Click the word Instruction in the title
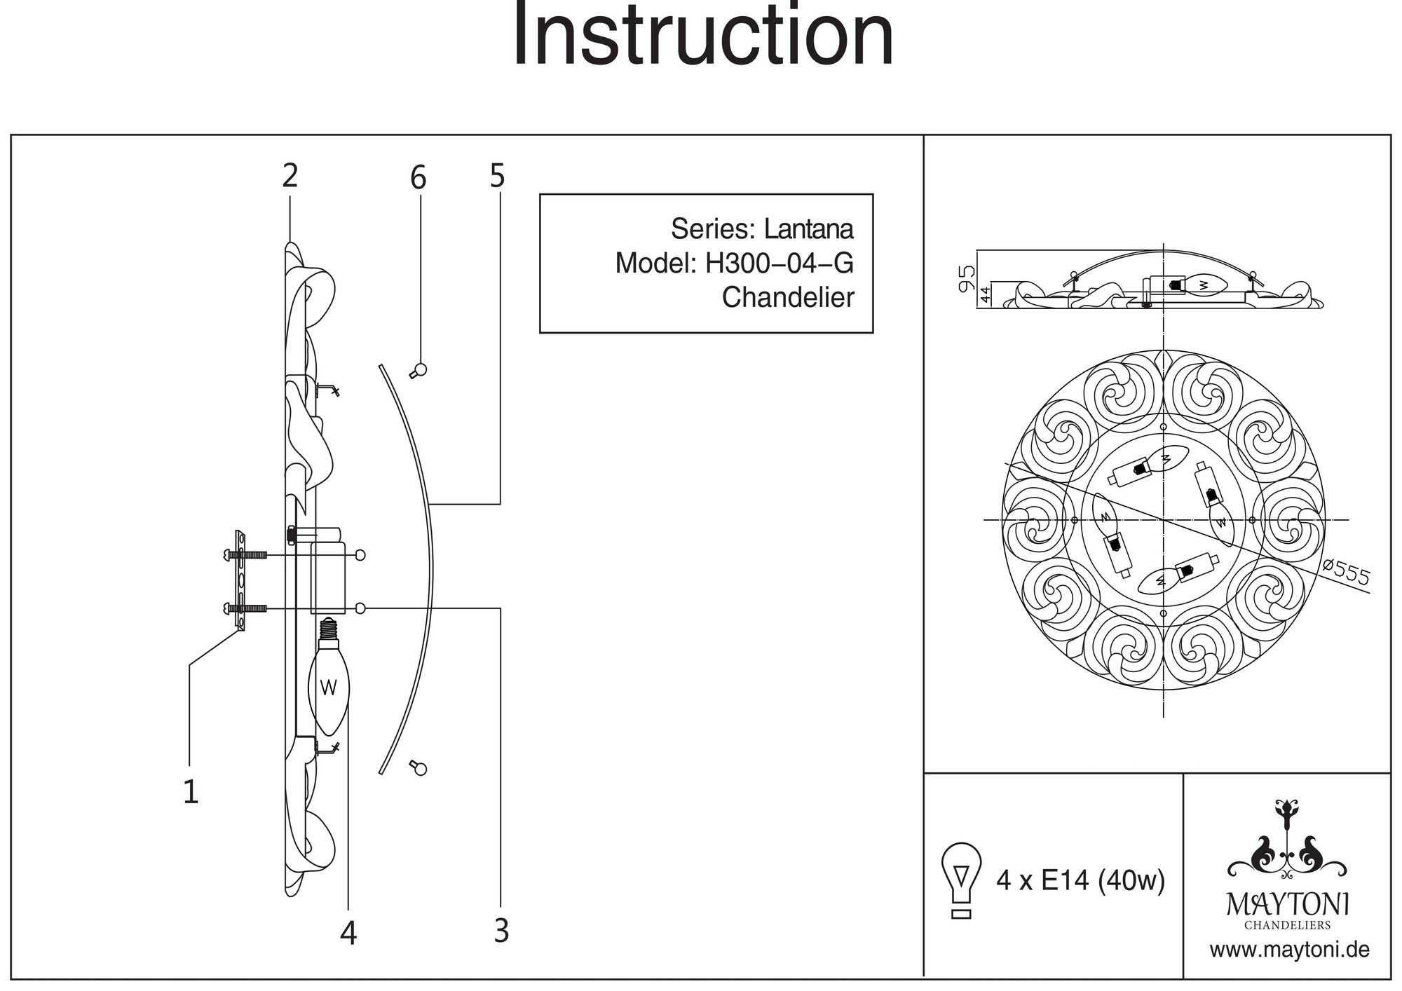[x=703, y=35]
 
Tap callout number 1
[x=191, y=792]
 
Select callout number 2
[x=290, y=176]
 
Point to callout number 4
[x=348, y=933]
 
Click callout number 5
[x=497, y=176]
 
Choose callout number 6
[x=418, y=178]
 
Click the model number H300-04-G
[x=779, y=264]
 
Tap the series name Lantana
[x=808, y=229]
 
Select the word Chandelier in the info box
[x=788, y=298]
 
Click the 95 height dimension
[x=967, y=278]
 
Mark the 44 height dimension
[x=985, y=294]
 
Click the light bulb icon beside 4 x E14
[x=962, y=879]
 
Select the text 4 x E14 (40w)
[x=1080, y=880]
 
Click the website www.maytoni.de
[x=1289, y=950]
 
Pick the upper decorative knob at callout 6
[x=420, y=370]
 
